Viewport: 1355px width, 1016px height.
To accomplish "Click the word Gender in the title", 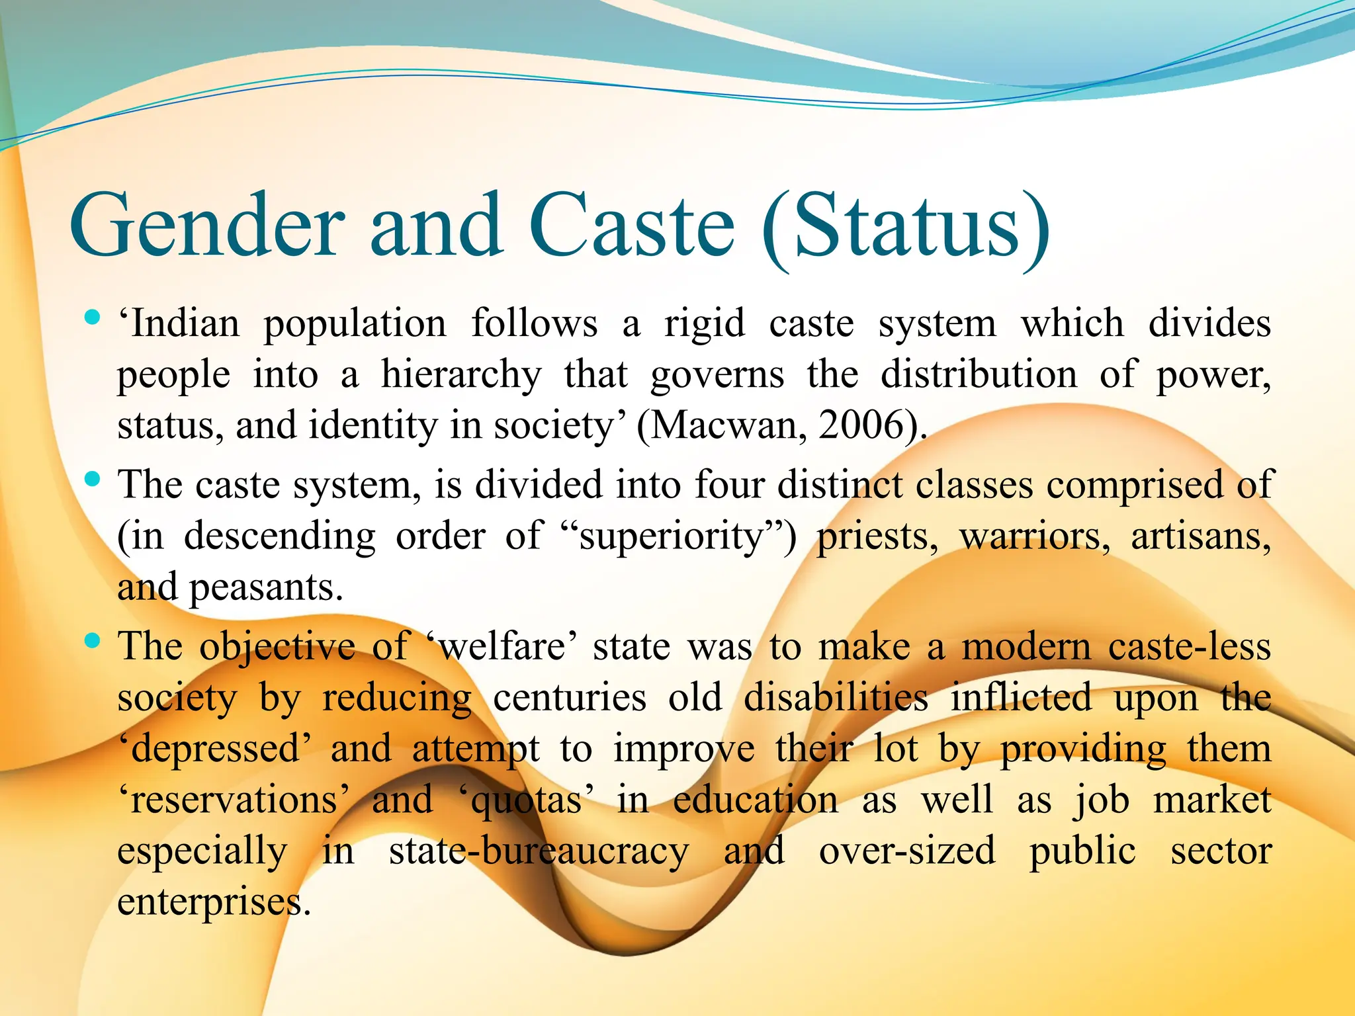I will (x=206, y=225).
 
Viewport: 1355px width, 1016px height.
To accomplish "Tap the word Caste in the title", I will (x=631, y=225).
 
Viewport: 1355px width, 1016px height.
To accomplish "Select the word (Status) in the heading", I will (x=905, y=228).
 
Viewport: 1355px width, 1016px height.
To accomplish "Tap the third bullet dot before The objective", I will (x=93, y=640).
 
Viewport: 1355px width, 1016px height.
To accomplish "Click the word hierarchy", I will (x=461, y=375).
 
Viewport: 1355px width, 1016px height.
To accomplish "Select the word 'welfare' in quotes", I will (x=501, y=646).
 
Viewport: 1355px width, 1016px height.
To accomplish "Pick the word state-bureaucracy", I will (x=539, y=851).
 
